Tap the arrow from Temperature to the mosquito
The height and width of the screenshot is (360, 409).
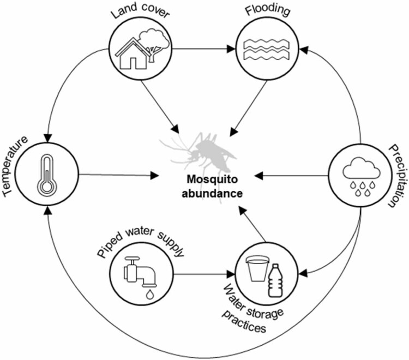tap(125, 175)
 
